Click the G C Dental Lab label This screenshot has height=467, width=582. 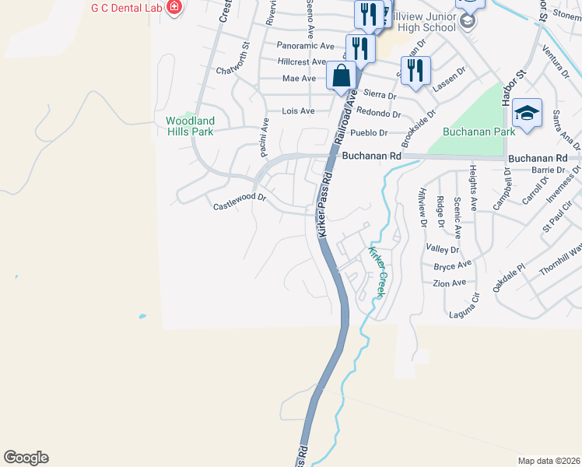(x=128, y=7)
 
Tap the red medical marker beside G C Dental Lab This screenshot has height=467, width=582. (x=174, y=8)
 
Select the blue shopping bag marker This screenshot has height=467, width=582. (x=342, y=76)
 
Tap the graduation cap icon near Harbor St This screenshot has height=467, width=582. (x=527, y=113)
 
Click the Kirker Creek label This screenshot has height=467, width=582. (x=377, y=272)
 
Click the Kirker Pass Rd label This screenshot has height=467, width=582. (x=325, y=205)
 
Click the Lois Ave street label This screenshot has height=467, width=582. (x=298, y=111)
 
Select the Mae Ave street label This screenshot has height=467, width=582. (x=300, y=79)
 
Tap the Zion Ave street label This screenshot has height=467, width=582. (x=450, y=283)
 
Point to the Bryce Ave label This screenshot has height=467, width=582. (x=453, y=265)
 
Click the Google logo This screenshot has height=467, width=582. (x=26, y=458)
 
